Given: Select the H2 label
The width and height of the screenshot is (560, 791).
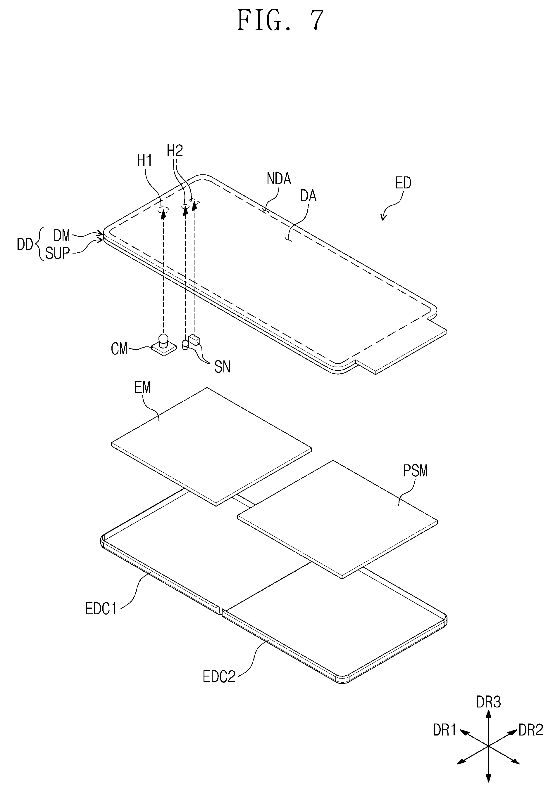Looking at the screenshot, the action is click(x=175, y=151).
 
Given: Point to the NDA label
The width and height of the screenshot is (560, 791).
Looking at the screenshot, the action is click(x=279, y=179).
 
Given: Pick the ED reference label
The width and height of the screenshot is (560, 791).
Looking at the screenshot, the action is click(x=403, y=183).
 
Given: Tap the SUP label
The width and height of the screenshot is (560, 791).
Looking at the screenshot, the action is click(x=58, y=254).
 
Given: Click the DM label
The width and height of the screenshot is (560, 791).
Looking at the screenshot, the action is click(x=62, y=236).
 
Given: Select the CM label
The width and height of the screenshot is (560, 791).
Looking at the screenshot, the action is click(x=119, y=349).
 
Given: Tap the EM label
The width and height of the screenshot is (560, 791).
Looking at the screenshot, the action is click(x=142, y=388).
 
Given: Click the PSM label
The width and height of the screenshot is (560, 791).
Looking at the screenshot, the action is click(x=415, y=471).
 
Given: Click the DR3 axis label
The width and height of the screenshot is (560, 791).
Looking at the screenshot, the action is click(x=489, y=702).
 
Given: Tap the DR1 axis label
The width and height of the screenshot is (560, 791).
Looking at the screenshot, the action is click(x=444, y=730).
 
